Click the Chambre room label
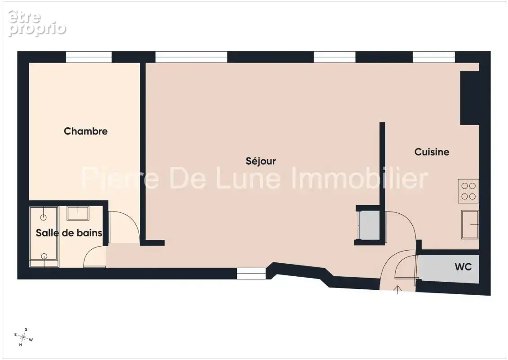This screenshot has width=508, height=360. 85,131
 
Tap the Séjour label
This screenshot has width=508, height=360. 261,161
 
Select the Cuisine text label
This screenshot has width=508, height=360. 432,152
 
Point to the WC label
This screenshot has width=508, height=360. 463,266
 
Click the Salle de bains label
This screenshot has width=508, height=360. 69,233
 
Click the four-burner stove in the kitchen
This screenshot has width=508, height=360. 468,191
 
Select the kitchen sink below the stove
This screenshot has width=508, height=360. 470,225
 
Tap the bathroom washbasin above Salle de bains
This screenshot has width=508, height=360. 78,213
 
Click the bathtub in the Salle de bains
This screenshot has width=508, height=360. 44,237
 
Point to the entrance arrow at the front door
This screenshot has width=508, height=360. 397,290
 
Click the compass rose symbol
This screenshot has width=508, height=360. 23,337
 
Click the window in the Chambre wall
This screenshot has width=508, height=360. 89,57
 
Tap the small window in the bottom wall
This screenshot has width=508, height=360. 251,274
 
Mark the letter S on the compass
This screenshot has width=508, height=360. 26,329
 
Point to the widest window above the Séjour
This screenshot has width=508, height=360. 191,57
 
